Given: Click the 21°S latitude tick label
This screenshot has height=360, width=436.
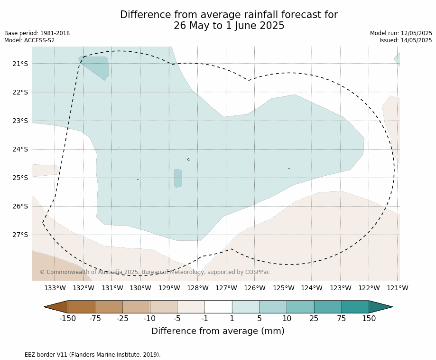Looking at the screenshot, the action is pyautogui.click(x=20, y=64).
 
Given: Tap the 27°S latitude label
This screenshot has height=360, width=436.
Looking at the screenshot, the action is pyautogui.click(x=20, y=235).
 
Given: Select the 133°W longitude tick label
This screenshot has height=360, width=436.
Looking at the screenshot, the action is pyautogui.click(x=55, y=288).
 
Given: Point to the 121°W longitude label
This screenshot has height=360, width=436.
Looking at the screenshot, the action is pyautogui.click(x=398, y=288).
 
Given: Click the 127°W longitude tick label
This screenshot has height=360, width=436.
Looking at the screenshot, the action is pyautogui.click(x=226, y=288).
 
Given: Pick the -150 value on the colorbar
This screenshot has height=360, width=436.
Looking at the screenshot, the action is pyautogui.click(x=67, y=318).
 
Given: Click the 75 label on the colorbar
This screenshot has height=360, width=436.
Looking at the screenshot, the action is pyautogui.click(x=341, y=318).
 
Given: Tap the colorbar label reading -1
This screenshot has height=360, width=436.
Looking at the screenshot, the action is pyautogui.click(x=204, y=318).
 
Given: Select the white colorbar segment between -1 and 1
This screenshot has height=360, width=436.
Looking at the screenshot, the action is pyautogui.click(x=218, y=307).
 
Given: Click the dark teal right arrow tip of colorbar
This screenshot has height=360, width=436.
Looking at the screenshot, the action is pyautogui.click(x=392, y=307).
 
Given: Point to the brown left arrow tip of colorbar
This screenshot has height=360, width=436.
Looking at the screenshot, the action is pyautogui.click(x=44, y=307).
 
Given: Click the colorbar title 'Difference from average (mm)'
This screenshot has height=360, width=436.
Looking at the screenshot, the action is pyautogui.click(x=218, y=331).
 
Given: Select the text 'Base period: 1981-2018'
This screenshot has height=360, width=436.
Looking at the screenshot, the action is pyautogui.click(x=37, y=33).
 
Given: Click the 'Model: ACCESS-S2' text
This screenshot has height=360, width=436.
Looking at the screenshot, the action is pyautogui.click(x=29, y=40).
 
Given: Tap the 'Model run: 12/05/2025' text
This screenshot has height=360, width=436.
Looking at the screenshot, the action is pyautogui.click(x=401, y=33).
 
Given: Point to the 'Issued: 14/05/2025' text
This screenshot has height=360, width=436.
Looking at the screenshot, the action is pyautogui.click(x=406, y=40).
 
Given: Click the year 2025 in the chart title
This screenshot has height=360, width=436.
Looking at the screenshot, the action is pyautogui.click(x=272, y=26).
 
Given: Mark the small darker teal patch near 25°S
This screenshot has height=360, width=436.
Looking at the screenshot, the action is pyautogui.click(x=178, y=178).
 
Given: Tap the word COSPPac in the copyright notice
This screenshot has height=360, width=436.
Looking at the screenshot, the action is pyautogui.click(x=257, y=272).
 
